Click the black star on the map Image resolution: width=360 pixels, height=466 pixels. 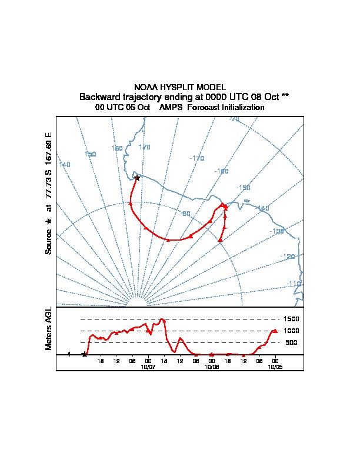(137, 177)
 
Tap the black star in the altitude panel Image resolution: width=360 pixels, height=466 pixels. (85, 354)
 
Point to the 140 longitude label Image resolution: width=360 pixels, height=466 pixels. (65, 165)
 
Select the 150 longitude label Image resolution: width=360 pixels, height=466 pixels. (90, 154)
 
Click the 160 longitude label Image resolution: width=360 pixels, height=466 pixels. (117, 148)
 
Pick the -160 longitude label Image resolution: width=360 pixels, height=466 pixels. (222, 171)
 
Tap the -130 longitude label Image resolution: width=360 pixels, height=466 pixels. (277, 231)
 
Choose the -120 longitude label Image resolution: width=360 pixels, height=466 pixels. (288, 257)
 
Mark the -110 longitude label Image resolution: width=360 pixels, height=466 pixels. (294, 284)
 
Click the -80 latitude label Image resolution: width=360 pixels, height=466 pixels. (186, 214)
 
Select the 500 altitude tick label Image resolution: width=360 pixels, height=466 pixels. (292, 342)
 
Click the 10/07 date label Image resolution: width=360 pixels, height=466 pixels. (148, 366)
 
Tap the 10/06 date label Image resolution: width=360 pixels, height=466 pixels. (212, 366)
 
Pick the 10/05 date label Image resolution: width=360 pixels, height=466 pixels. (275, 366)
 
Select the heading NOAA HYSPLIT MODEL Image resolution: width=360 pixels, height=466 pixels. (180, 87)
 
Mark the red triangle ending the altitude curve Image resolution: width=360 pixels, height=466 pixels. (275, 331)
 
